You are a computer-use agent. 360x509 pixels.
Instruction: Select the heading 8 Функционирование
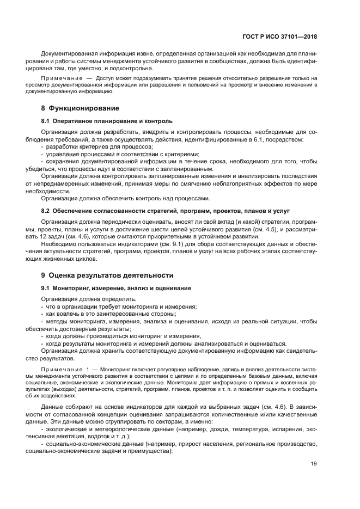pos(76,108)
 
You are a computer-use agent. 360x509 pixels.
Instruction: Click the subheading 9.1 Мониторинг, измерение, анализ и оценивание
pos(116,287)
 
